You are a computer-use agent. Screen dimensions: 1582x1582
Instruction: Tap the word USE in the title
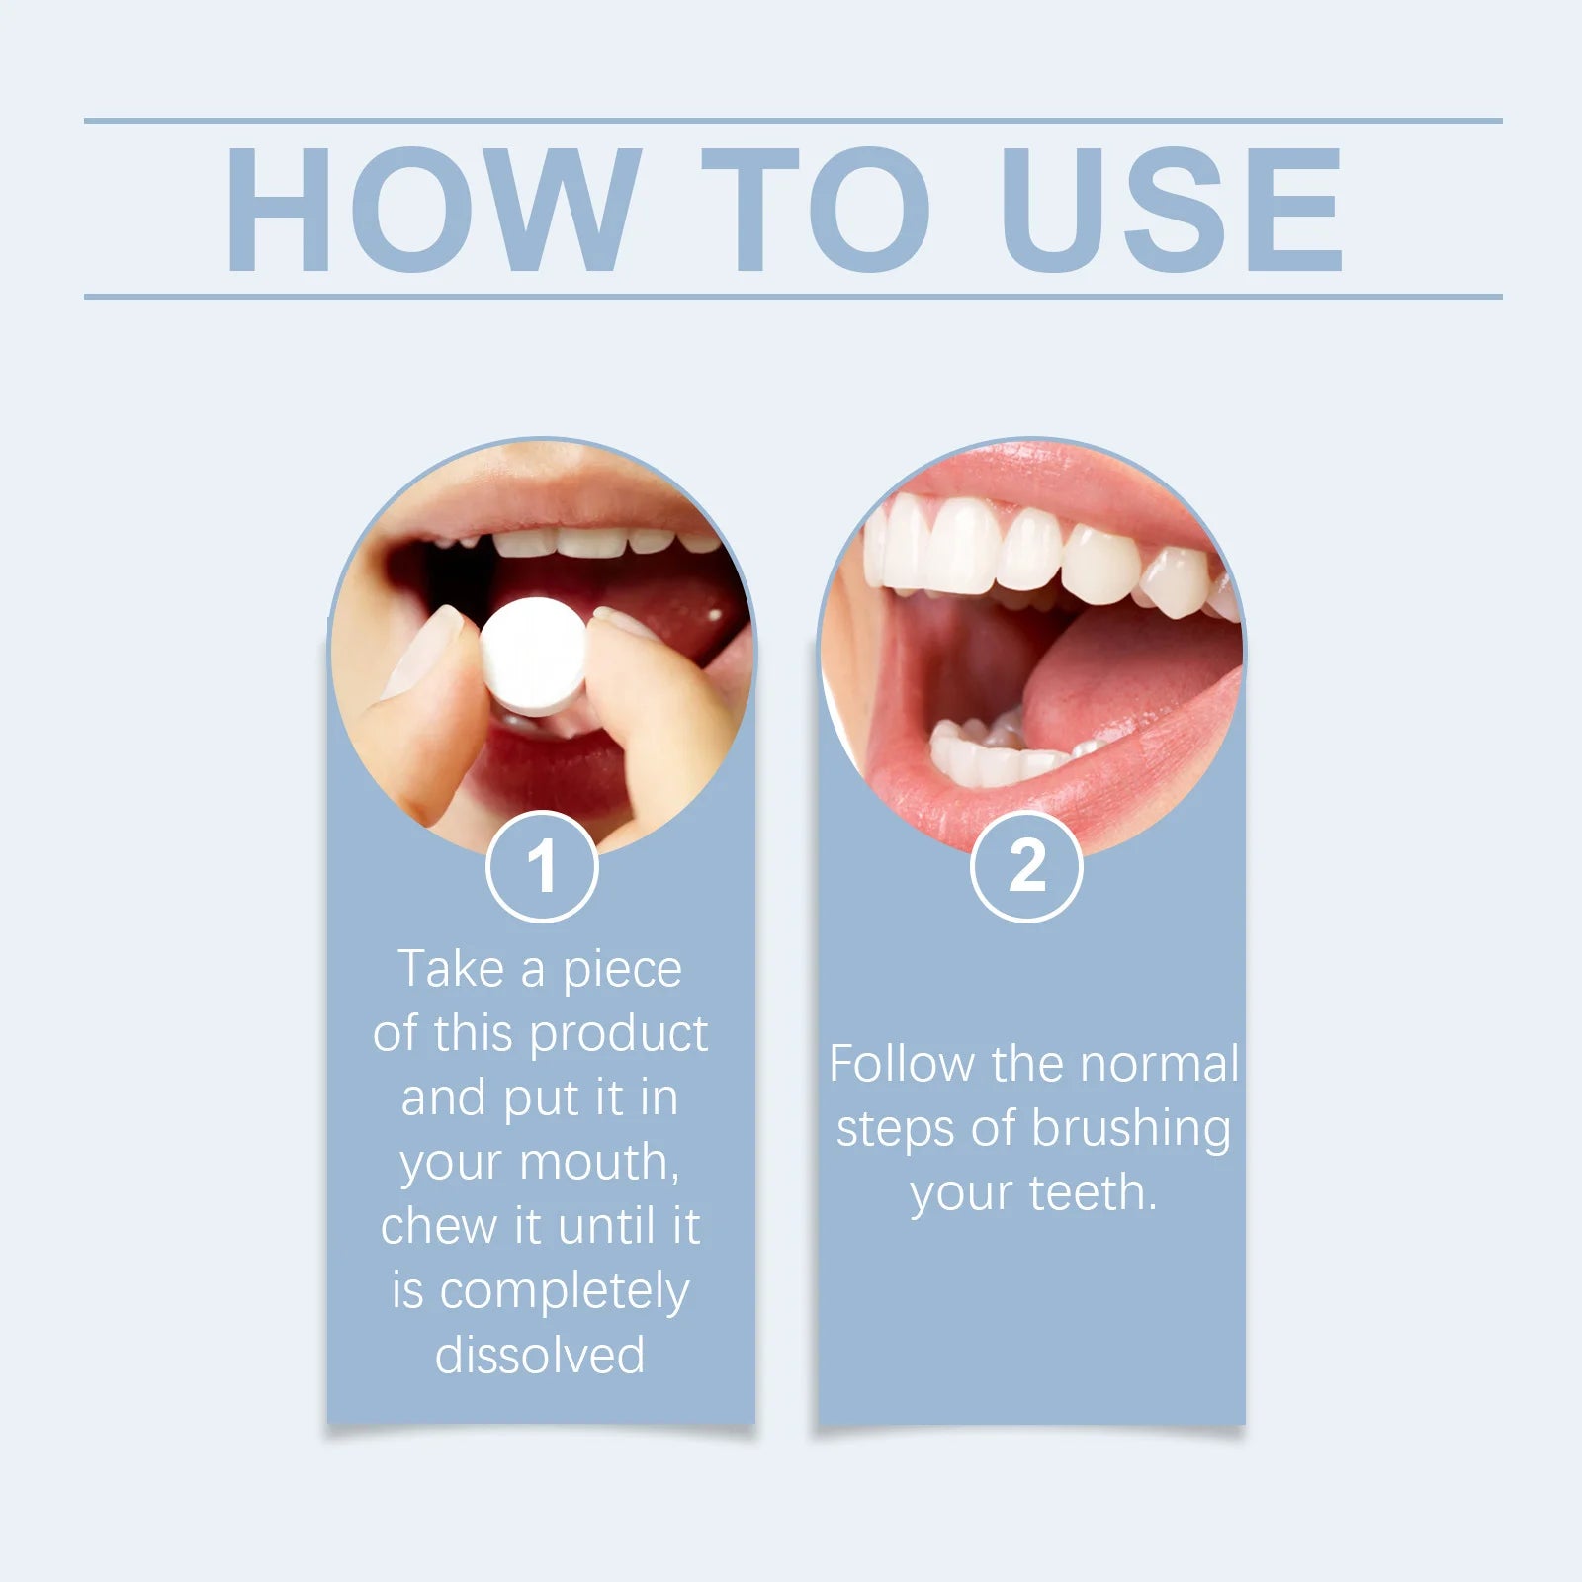coord(1172,209)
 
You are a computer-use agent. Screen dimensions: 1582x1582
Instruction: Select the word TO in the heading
coord(816,209)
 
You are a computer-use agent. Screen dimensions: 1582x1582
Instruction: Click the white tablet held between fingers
coord(534,656)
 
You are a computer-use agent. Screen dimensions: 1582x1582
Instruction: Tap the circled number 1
coord(542,867)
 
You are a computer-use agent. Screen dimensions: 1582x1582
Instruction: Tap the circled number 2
coord(1026,867)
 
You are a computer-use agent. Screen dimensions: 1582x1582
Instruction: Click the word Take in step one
coord(451,969)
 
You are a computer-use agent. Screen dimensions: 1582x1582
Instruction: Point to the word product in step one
coord(618,1034)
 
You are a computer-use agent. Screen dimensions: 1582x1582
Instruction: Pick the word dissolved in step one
coord(540,1356)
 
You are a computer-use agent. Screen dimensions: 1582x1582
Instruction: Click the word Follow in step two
coord(902,1065)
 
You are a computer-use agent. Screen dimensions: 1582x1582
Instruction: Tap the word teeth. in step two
coord(1093,1193)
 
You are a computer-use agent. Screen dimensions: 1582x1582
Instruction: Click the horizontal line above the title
coord(791,121)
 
